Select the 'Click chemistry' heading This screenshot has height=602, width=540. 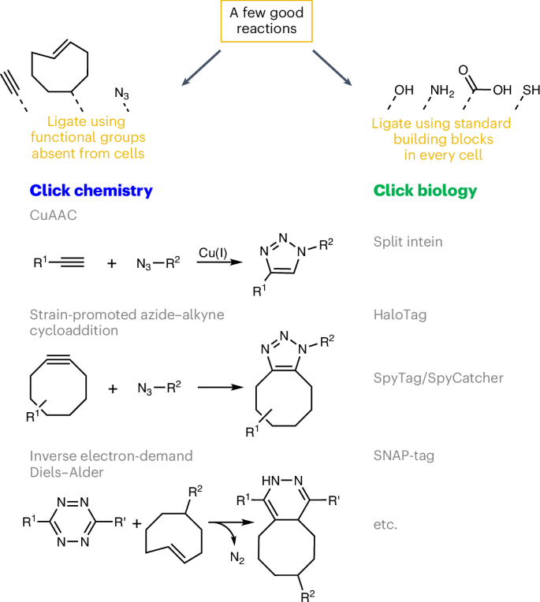(91, 191)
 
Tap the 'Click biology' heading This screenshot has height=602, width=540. (425, 191)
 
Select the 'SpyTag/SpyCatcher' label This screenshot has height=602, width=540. (438, 377)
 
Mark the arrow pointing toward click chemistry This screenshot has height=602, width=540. (198, 67)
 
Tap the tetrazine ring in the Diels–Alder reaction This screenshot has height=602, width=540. (72, 522)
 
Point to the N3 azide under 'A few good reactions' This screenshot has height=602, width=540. (121, 94)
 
